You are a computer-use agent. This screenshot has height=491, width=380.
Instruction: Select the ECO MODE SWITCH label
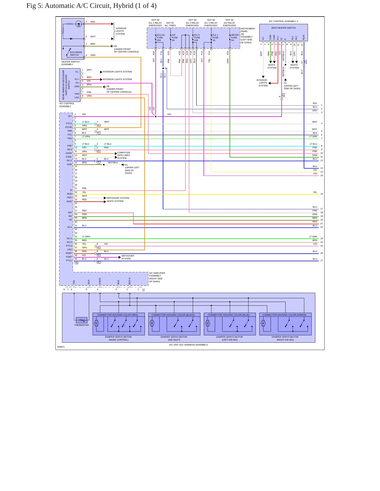76,54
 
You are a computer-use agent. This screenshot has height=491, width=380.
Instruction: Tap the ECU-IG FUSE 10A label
161,38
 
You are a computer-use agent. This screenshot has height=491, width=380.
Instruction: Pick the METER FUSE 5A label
235,38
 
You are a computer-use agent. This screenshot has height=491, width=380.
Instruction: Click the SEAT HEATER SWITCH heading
283,28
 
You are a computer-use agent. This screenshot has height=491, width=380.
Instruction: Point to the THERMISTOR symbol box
82,320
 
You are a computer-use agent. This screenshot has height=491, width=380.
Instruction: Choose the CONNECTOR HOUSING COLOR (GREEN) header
284,315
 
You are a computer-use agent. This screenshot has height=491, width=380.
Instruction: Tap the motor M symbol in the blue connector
207,323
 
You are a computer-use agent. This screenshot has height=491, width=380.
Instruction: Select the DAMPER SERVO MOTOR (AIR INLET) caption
174,338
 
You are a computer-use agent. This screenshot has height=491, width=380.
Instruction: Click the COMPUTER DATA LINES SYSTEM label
124,155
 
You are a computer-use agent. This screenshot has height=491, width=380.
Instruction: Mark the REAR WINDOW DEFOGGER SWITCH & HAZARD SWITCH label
66,85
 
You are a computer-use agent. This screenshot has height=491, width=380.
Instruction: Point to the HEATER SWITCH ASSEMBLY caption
70,63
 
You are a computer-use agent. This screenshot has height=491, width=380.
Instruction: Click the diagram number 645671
61,347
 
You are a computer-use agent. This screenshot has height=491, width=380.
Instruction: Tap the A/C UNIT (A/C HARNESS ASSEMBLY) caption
189,345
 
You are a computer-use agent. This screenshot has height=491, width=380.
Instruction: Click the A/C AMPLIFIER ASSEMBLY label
157,277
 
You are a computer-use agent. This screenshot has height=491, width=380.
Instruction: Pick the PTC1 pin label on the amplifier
69,260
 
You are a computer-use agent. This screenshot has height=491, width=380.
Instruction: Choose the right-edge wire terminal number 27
322,260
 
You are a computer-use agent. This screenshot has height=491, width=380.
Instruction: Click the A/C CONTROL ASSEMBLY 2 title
283,21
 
